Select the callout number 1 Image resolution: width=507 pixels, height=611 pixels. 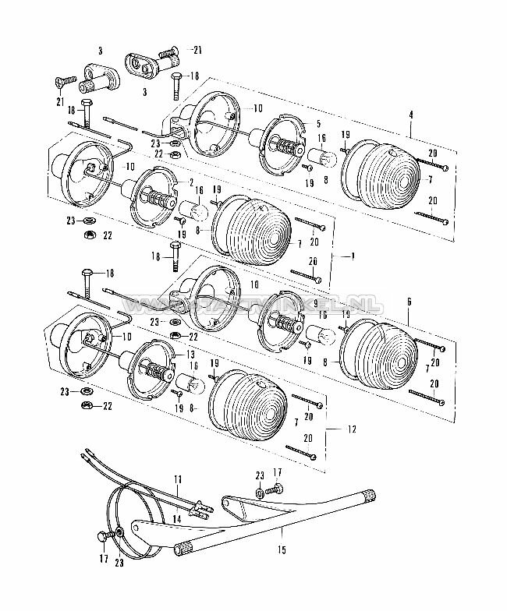coord(353,256)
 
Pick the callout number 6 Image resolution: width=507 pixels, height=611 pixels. coord(409,301)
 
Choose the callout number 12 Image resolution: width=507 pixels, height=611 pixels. coord(353,429)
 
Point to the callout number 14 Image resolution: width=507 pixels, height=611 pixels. coord(177,518)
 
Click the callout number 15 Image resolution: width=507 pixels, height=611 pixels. coord(282,550)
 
